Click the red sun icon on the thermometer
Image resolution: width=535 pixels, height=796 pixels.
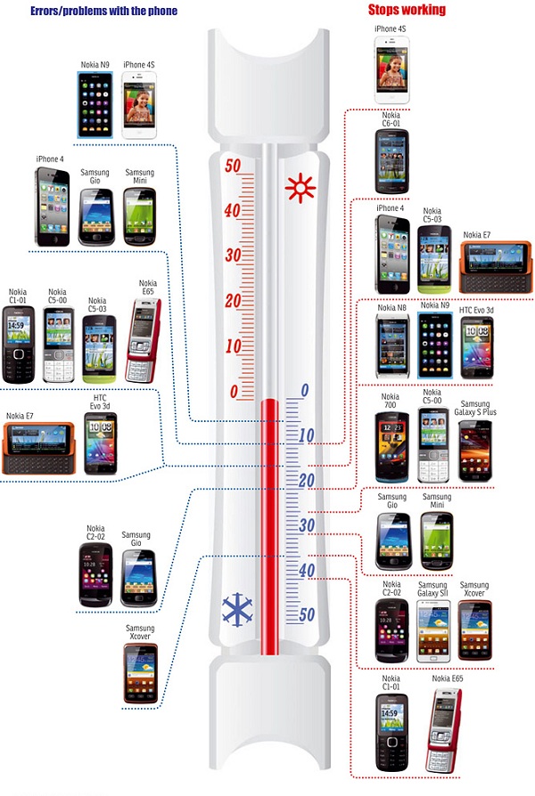coord(300,188)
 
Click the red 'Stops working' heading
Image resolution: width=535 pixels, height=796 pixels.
coord(407,10)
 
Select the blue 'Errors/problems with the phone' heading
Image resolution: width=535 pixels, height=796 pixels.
coord(103,11)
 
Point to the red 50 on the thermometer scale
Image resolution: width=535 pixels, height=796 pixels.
coord(233,166)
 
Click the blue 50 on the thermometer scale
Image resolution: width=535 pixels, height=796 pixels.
coord(307,614)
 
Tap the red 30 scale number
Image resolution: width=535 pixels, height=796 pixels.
coord(233,255)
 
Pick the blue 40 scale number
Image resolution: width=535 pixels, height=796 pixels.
coord(307,570)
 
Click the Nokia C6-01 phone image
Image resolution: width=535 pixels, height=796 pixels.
coord(392,161)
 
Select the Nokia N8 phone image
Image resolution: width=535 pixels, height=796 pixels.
coord(392,345)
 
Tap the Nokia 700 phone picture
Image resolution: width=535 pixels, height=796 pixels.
coord(392,447)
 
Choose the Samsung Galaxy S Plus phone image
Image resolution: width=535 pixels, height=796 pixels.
coord(475,451)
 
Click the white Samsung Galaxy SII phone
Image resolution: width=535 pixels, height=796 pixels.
coord(433,631)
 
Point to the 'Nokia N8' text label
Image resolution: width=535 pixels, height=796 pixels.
coord(391,308)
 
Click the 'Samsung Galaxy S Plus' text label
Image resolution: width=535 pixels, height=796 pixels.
coord(475,408)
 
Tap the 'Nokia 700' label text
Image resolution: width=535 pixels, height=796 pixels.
coord(390,401)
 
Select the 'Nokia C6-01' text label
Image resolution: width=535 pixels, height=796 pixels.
coord(391,119)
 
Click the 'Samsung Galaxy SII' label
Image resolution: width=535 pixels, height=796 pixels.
coord(432,589)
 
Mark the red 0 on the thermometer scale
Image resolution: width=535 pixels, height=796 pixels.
coord(234,392)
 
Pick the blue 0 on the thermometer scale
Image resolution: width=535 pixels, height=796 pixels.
coord(305,390)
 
